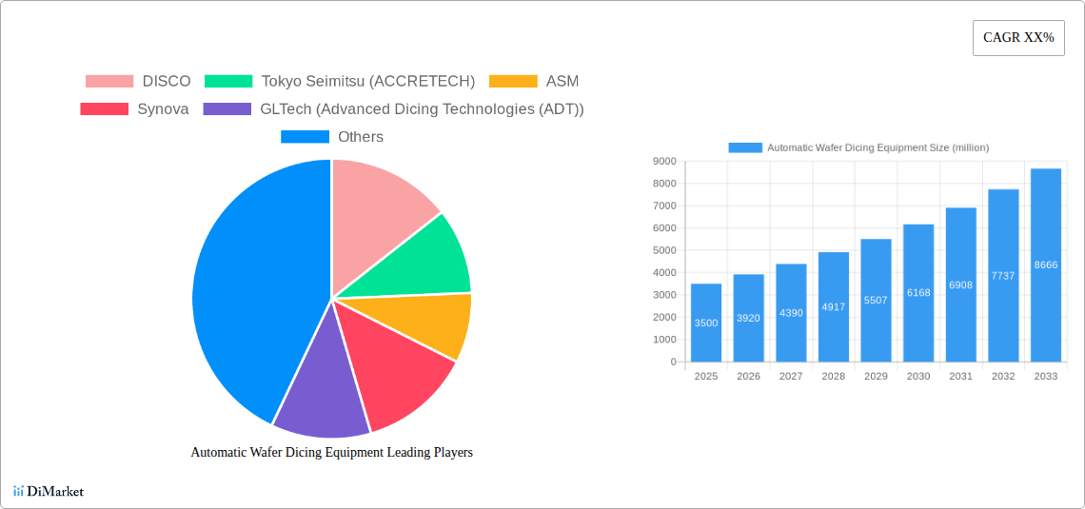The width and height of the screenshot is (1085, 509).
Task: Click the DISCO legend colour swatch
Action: tap(109, 82)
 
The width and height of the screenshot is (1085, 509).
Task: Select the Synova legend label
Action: tap(163, 109)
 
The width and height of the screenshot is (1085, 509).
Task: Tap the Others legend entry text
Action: tap(361, 137)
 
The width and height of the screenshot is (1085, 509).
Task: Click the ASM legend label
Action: tap(562, 82)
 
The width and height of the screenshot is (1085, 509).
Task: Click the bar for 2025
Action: tap(706, 323)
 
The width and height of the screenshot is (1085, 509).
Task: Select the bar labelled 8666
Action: tap(1045, 264)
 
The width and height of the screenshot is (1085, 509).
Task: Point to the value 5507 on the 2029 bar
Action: tap(876, 300)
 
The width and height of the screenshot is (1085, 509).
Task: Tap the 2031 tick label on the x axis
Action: tap(960, 377)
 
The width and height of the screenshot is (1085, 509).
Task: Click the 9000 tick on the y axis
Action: tap(664, 162)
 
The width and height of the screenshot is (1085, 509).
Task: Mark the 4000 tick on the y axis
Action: tap(664, 273)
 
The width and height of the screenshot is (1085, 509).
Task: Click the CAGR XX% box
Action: tap(1018, 38)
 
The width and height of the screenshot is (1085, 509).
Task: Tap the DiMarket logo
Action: tap(49, 491)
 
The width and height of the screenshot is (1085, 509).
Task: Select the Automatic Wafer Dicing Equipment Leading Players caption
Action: tap(331, 453)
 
